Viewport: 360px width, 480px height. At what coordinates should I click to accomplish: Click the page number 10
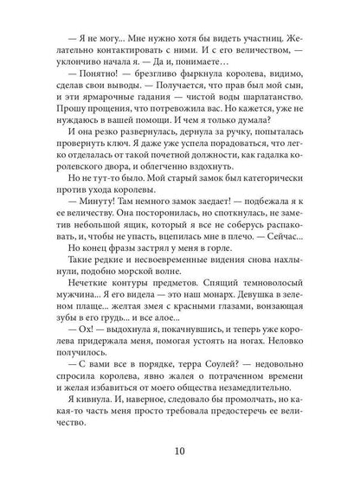tap(179, 450)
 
